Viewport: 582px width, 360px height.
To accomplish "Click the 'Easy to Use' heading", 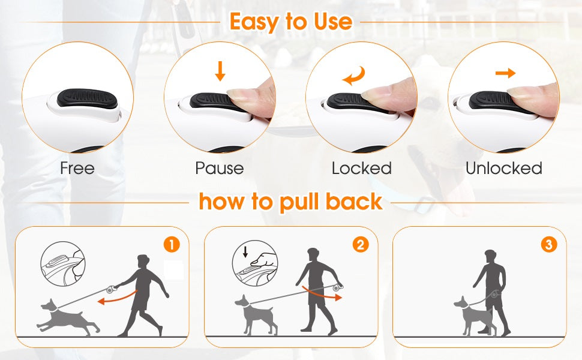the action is (x=290, y=22).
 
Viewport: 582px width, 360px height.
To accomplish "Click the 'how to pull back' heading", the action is (x=290, y=202).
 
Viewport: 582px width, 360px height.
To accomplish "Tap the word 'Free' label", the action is (x=77, y=168).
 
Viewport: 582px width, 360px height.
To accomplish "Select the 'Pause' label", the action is (x=220, y=168).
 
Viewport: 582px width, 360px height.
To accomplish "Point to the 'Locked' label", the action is (x=362, y=168).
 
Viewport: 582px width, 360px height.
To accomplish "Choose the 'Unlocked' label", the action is (x=503, y=168).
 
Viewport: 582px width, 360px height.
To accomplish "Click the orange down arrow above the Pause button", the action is (x=220, y=71).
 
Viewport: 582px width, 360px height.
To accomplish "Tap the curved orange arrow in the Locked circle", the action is (x=354, y=76).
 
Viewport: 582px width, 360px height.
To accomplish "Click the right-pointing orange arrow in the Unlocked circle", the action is (x=506, y=73).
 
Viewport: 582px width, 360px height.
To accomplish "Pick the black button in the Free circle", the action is (x=87, y=99).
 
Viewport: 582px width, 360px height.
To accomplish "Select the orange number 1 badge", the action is (x=172, y=245).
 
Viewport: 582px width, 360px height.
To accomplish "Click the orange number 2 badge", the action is (x=361, y=245).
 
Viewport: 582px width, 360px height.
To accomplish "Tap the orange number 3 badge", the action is (x=549, y=245).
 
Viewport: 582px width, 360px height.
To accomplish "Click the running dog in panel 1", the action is (x=67, y=317).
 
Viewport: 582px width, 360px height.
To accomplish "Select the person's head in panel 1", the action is (x=143, y=261).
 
